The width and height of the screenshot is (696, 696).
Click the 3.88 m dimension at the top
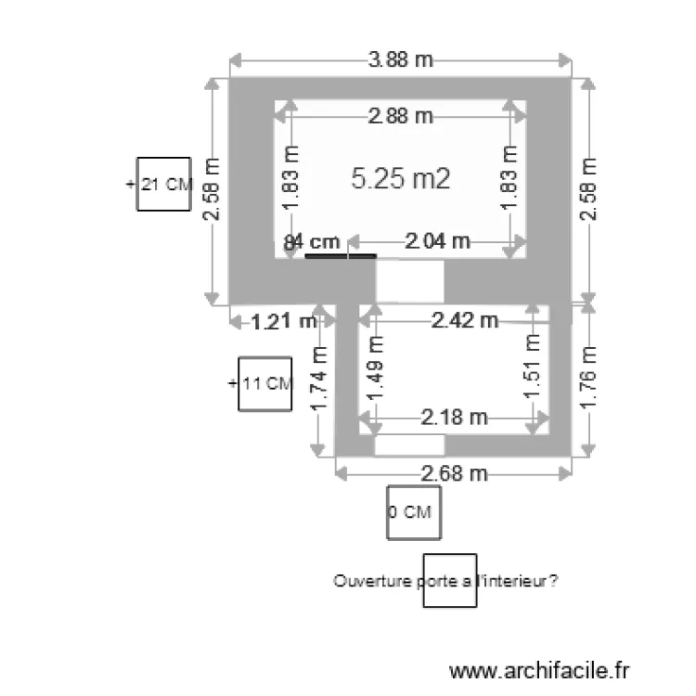pyautogui.click(x=401, y=60)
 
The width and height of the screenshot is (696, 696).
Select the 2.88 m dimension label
pyautogui.click(x=401, y=116)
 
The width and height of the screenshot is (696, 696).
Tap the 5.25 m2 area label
pyautogui.click(x=401, y=179)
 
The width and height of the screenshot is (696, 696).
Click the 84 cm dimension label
pyautogui.click(x=313, y=241)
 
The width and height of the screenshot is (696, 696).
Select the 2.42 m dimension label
pyautogui.click(x=464, y=321)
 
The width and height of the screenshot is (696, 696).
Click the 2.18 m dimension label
pyautogui.click(x=454, y=418)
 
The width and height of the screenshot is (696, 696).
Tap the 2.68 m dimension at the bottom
pyautogui.click(x=454, y=473)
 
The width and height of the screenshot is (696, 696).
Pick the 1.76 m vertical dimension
pyautogui.click(x=587, y=379)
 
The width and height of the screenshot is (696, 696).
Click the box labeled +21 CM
pyautogui.click(x=164, y=184)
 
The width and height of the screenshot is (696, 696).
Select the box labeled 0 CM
pyautogui.click(x=413, y=512)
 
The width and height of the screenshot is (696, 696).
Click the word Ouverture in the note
pyautogui.click(x=364, y=581)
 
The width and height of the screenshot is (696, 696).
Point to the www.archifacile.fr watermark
pyautogui.click(x=539, y=669)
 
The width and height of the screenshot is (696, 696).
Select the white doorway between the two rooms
pyautogui.click(x=409, y=280)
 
